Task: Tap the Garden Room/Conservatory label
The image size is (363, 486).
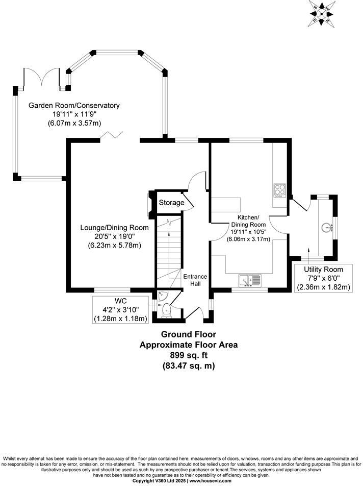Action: (x=74, y=106)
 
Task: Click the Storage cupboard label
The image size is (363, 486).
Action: (x=171, y=203)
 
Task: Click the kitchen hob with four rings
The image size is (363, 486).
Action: (x=280, y=190)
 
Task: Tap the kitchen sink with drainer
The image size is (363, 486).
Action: (x=250, y=280)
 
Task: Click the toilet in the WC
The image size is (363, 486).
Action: (x=166, y=309)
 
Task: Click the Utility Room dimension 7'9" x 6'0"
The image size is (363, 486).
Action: (x=324, y=278)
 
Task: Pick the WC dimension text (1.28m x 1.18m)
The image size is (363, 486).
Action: (x=120, y=319)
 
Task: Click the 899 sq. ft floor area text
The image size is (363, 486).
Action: (x=189, y=355)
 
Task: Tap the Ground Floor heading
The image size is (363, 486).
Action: (x=188, y=335)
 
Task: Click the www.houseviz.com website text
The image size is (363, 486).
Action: (x=210, y=481)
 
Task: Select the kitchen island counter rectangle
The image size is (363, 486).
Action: (x=226, y=203)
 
